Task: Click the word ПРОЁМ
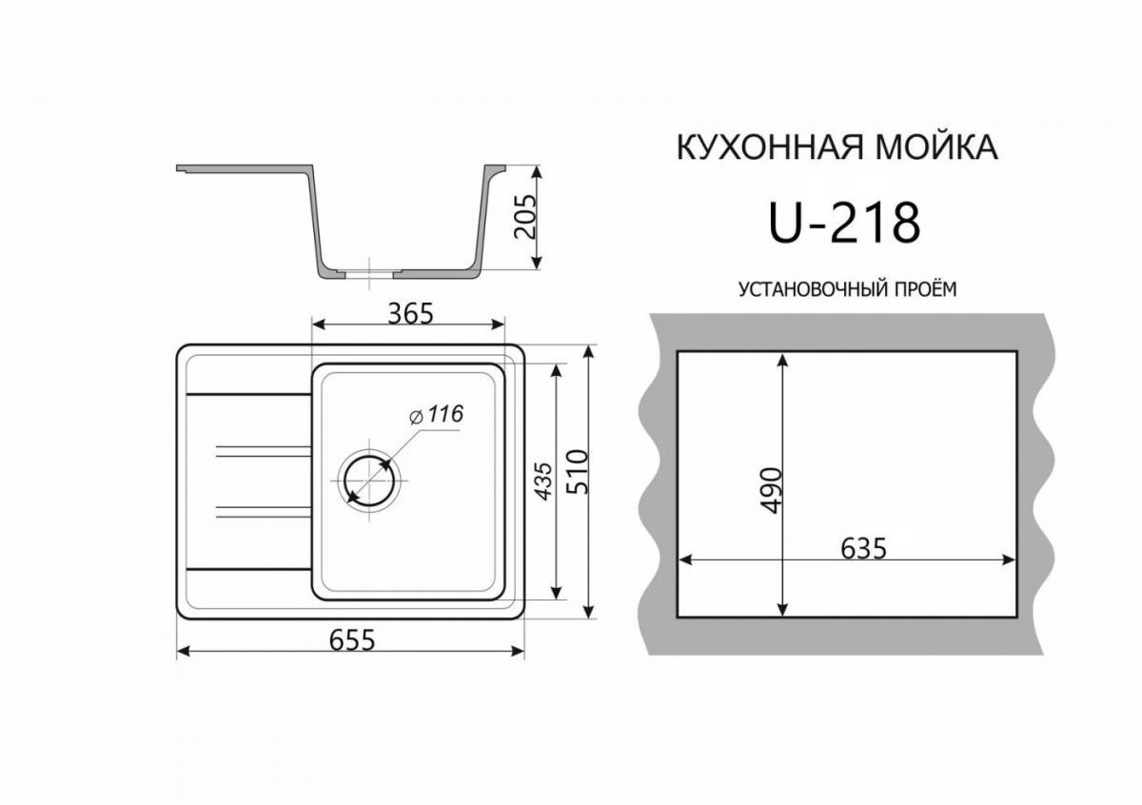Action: coord(919,287)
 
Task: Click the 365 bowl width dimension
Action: coord(408,312)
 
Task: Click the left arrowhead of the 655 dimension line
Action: coord(184,652)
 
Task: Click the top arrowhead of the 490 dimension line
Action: coord(782,361)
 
